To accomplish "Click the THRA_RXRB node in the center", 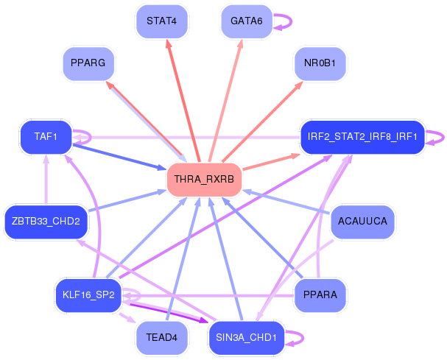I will point(205,180).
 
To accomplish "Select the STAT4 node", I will point(161,21).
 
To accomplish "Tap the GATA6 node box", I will point(246,21).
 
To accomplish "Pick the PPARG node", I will point(88,63).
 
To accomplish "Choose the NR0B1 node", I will point(320,63).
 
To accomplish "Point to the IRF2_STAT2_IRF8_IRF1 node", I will point(362,136).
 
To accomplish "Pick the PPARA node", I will point(320,295).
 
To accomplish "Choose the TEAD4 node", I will point(161,337).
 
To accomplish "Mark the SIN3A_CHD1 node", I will point(246,337).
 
